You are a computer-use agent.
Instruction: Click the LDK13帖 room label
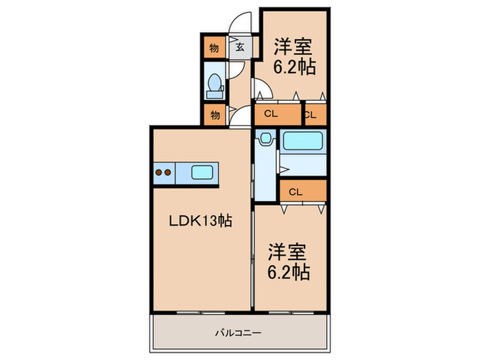[200, 221]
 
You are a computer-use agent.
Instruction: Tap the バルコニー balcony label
[238, 333]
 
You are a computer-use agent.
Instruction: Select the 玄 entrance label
[240, 47]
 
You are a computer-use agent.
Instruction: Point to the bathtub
[302, 141]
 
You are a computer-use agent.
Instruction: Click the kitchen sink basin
[202, 172]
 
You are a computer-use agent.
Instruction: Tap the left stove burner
[158, 172]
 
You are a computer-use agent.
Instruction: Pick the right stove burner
[167, 172]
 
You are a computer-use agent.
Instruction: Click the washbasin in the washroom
[265, 138]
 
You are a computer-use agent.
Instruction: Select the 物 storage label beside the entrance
[214, 48]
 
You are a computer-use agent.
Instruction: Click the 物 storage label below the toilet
[215, 115]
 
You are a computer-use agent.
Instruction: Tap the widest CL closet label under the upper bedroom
[271, 114]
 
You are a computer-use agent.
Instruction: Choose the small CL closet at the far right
[311, 115]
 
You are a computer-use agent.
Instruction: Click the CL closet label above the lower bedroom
[296, 192]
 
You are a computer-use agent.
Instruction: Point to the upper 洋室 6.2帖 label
[294, 57]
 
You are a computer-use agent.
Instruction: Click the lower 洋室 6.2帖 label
[289, 262]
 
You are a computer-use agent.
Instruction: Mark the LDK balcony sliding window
[201, 313]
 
